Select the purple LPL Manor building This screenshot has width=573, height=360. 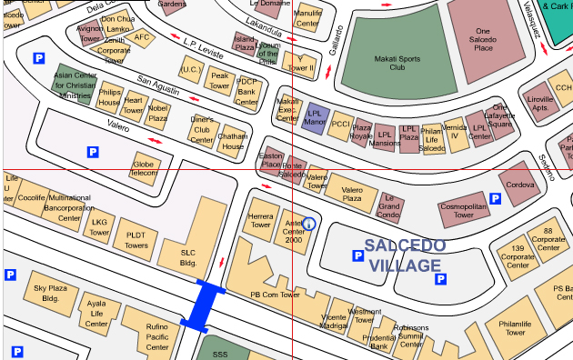(x=315, y=116)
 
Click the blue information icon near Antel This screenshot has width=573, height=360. (x=308, y=223)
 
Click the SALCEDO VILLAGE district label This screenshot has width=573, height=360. (x=405, y=255)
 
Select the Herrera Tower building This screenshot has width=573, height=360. (x=260, y=220)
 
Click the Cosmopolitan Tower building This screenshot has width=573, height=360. (x=465, y=211)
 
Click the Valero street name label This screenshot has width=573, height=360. (x=118, y=125)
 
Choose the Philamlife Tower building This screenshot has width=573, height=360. (x=515, y=329)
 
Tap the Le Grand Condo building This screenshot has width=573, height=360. (x=389, y=207)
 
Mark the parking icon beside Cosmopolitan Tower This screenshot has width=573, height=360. (x=495, y=198)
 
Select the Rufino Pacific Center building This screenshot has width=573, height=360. (x=145, y=335)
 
